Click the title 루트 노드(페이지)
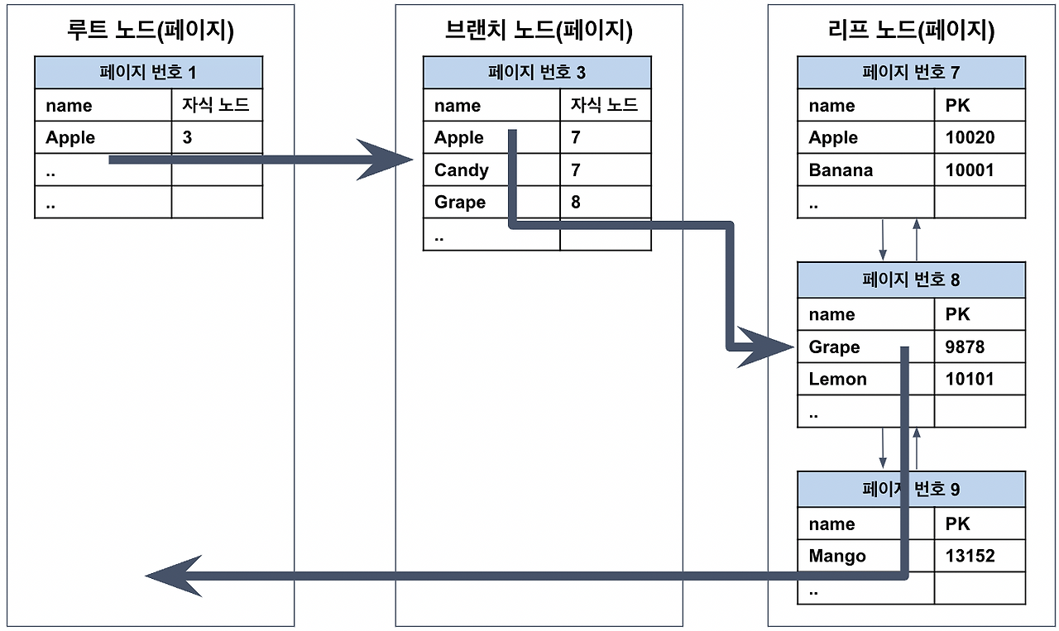(x=151, y=31)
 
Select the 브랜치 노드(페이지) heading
(x=538, y=31)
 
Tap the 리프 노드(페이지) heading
(x=910, y=31)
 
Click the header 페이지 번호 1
(x=148, y=73)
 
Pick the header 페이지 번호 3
(x=537, y=73)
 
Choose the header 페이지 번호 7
(x=911, y=73)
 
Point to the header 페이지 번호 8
(x=911, y=280)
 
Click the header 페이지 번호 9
(x=911, y=490)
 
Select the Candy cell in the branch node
(x=462, y=170)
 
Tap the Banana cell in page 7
(x=841, y=170)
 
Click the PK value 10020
(x=970, y=138)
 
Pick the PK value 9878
(x=965, y=347)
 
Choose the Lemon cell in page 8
(x=837, y=380)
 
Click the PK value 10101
(x=970, y=380)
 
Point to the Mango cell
(x=837, y=557)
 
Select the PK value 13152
(x=970, y=557)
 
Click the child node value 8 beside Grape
(x=576, y=203)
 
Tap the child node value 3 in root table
(x=187, y=138)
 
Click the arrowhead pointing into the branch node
(x=385, y=160)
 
